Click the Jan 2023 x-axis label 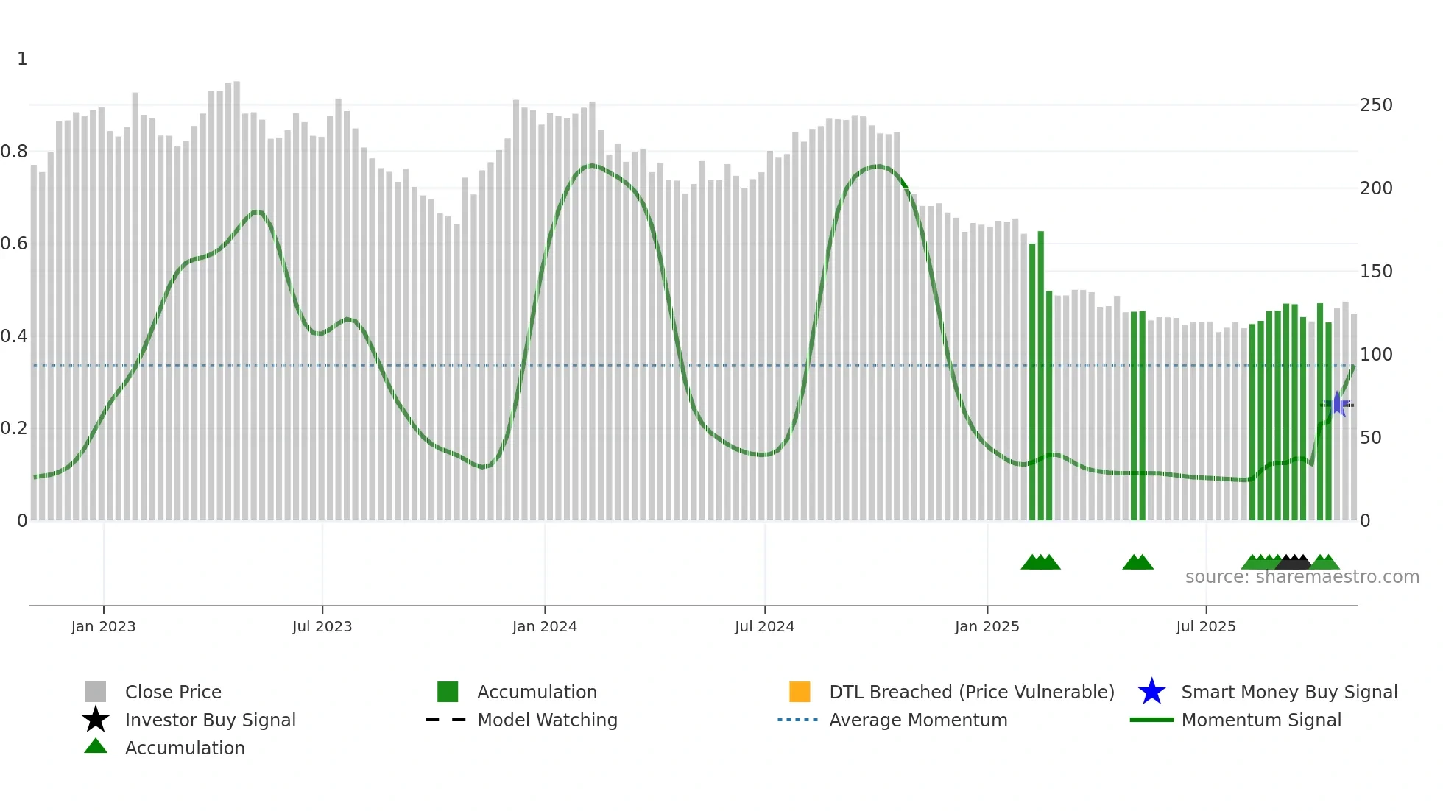click(x=103, y=626)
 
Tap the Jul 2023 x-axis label click(x=322, y=626)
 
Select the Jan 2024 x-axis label click(x=544, y=626)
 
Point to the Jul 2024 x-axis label click(x=764, y=626)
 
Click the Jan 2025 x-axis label click(x=987, y=626)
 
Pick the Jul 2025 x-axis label click(x=1205, y=626)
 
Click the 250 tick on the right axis click(x=1376, y=105)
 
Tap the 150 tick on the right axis click(x=1376, y=272)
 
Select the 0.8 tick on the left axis click(x=15, y=152)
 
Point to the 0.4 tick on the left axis click(x=15, y=336)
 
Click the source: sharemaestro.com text click(x=1302, y=577)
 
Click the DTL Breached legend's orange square click(x=800, y=692)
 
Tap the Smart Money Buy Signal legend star click(x=1151, y=692)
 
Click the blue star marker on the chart click(x=1337, y=404)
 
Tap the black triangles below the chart click(x=1294, y=562)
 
